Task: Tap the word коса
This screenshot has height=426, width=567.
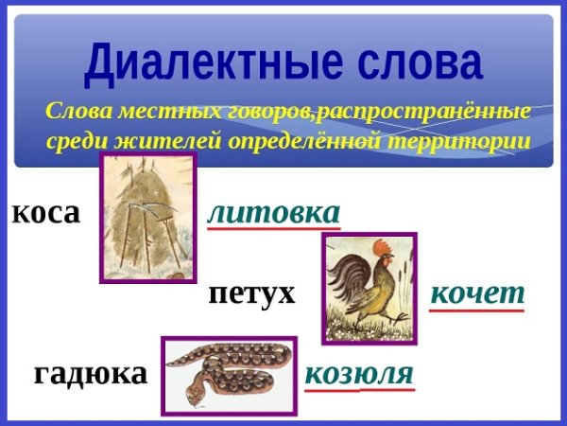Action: point(45,212)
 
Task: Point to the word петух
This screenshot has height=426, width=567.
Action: point(251,293)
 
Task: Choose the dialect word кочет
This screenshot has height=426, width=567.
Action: point(476,293)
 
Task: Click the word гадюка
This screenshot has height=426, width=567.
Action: point(91,373)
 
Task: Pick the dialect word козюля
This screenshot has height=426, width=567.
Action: point(359,373)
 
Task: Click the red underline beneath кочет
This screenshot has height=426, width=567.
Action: point(476,310)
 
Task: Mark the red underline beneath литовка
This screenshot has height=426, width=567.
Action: point(273,228)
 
